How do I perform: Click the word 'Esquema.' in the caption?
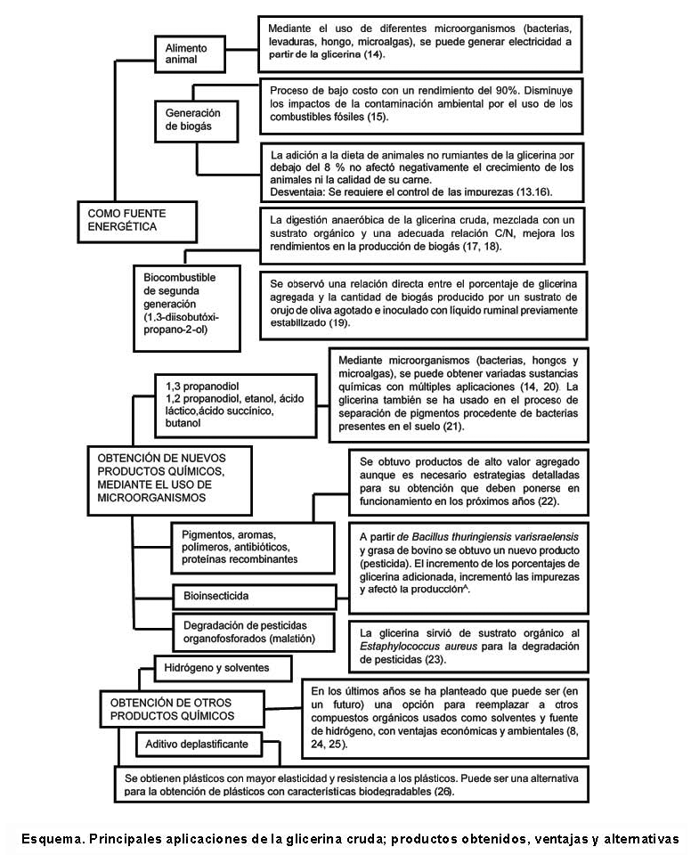(53, 838)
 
